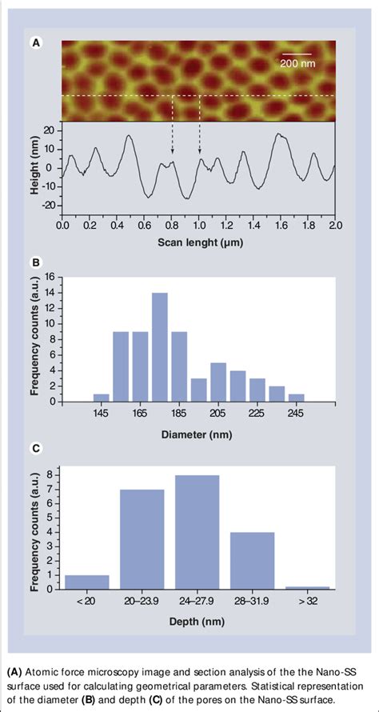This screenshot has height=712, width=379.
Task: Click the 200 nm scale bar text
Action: tap(297, 63)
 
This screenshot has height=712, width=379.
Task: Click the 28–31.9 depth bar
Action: tap(253, 560)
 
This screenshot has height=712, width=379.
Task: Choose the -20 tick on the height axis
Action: tap(47, 206)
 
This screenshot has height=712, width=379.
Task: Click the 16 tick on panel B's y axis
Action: tap(49, 277)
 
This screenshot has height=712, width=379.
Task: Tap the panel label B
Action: tap(35, 261)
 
